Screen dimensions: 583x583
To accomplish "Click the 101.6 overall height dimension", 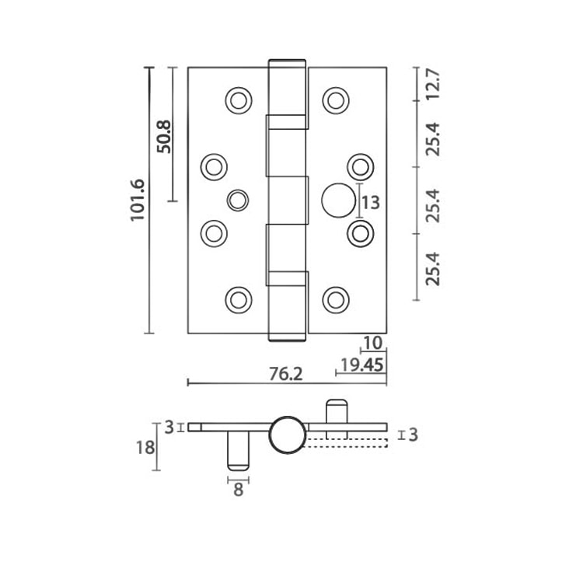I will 138,201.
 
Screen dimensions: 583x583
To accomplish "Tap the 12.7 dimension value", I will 433,84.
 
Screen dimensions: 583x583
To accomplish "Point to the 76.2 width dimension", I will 285,374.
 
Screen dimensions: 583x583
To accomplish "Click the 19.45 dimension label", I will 361,365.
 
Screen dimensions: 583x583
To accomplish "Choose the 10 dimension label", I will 372,343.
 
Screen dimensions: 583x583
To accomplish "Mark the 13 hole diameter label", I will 371,203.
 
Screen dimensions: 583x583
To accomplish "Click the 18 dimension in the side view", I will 145,449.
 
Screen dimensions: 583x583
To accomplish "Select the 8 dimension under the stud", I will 238,490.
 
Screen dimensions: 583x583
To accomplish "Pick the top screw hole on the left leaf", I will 238,99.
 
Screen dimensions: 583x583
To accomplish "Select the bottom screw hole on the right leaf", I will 335,298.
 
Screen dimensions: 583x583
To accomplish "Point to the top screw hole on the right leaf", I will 335,99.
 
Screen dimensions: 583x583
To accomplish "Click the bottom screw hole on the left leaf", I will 238,298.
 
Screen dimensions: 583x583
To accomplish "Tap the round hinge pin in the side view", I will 287,435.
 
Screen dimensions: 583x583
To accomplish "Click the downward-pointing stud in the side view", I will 238,450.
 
